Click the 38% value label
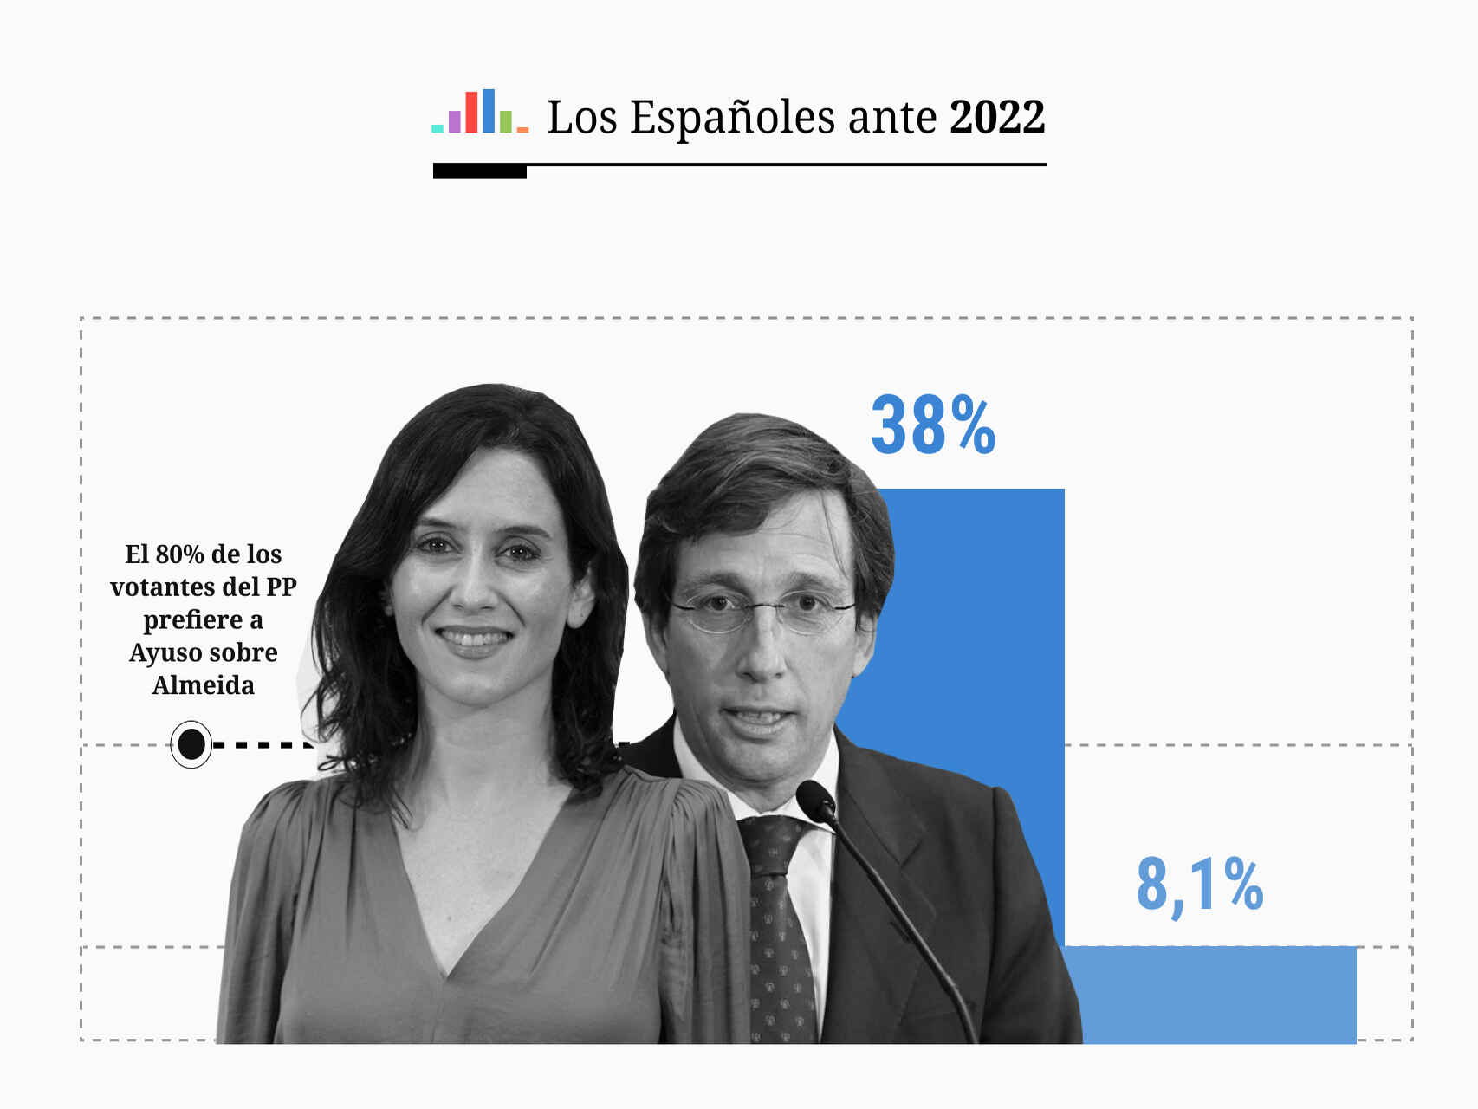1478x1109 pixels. tap(933, 425)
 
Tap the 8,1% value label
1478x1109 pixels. tap(1199, 885)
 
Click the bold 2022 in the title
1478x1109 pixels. tap(997, 117)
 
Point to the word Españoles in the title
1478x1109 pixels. tap(733, 118)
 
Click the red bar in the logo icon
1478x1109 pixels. tap(471, 112)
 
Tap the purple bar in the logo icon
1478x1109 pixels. tap(454, 121)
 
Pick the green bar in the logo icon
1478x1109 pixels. tap(505, 121)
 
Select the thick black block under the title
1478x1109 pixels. tap(479, 172)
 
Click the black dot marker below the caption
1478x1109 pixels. tap(191, 744)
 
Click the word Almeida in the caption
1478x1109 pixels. tap(204, 685)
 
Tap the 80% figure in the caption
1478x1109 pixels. tap(179, 554)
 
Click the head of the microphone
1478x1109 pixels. tap(815, 801)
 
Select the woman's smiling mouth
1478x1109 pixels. tap(474, 640)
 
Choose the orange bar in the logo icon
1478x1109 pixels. tap(522, 129)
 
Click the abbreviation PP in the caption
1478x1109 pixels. tap(281, 587)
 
